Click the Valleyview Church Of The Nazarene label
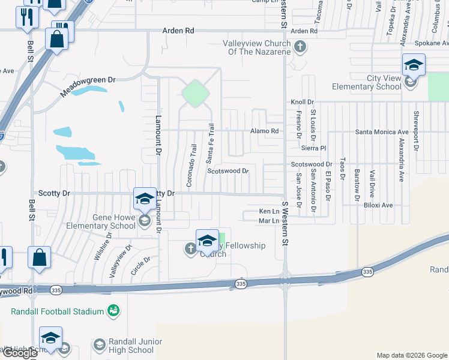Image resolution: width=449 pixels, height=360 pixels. (x=256, y=47)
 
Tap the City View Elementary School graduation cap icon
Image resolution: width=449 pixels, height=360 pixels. (x=414, y=65)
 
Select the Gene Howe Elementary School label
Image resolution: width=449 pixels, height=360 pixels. (x=114, y=221)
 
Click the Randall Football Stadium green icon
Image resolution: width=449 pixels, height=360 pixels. (x=113, y=310)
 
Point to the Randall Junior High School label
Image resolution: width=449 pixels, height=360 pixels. (x=131, y=346)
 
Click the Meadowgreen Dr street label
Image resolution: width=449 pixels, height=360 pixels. (x=88, y=87)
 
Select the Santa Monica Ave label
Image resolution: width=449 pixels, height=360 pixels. (x=382, y=132)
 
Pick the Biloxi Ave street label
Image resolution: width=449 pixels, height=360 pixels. (x=378, y=205)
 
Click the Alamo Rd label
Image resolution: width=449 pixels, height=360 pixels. (x=265, y=131)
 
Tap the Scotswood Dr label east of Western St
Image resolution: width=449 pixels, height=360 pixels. (x=311, y=164)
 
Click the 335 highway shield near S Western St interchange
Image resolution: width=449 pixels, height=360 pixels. (x=241, y=283)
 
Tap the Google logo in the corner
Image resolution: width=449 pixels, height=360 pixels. (x=20, y=353)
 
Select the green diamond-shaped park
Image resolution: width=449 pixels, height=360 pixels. (x=194, y=94)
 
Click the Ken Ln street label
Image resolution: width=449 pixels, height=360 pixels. (x=269, y=211)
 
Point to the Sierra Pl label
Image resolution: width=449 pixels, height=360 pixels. (x=313, y=148)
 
